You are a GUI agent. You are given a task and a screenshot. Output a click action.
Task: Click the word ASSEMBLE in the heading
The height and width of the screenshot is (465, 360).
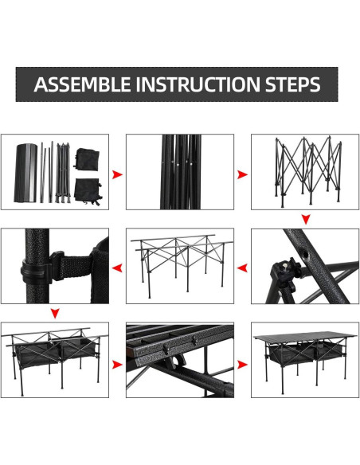(82, 84)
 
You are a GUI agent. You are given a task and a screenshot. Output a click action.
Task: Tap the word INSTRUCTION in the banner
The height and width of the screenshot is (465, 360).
(198, 84)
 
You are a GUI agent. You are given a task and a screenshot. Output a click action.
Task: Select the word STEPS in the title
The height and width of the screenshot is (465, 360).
(292, 84)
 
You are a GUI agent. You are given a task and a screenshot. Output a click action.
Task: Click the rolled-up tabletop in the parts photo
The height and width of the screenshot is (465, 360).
(25, 173)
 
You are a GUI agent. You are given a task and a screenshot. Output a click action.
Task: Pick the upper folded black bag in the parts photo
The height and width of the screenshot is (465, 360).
(86, 159)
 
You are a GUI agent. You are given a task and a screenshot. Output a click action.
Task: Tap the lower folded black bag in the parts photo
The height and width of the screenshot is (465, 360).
(88, 191)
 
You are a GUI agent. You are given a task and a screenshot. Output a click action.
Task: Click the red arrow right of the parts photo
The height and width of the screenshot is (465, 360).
(117, 174)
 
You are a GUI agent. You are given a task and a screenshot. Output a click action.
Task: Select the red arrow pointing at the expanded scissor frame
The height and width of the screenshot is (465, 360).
(242, 174)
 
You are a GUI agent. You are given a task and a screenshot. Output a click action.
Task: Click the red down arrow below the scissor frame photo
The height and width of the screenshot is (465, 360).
(306, 220)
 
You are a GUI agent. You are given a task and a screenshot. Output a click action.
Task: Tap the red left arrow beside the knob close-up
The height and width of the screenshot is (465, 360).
(242, 268)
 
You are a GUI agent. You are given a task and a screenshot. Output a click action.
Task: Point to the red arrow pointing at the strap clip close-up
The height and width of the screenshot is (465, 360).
(117, 268)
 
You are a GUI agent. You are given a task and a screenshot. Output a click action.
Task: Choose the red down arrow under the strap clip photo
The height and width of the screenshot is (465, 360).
(55, 313)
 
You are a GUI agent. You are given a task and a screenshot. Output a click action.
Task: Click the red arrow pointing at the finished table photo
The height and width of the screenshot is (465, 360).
(242, 365)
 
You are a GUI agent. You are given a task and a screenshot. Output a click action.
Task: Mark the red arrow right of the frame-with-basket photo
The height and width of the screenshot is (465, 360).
(117, 365)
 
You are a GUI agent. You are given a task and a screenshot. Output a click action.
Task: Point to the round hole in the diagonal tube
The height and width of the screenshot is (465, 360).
(304, 254)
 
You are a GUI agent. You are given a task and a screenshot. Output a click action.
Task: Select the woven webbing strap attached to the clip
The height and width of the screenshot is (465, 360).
(76, 267)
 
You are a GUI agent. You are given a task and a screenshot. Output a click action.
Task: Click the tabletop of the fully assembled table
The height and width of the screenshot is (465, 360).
(305, 337)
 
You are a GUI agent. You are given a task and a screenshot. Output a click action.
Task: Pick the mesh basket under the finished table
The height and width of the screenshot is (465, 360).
(305, 354)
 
